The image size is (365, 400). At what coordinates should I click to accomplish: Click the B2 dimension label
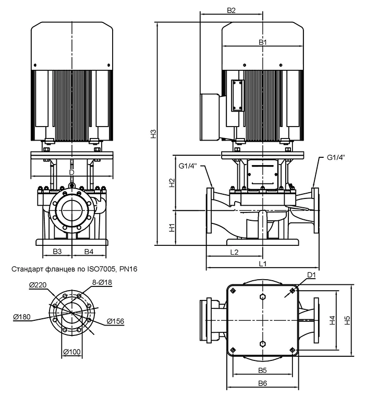(x=231, y=10)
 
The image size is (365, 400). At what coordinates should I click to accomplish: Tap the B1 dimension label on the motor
(x=263, y=42)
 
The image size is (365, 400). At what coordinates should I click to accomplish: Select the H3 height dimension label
(x=153, y=134)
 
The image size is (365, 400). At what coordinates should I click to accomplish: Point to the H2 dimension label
(x=173, y=183)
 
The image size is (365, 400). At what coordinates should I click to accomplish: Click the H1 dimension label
(x=173, y=228)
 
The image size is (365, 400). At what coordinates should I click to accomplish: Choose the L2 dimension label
(x=234, y=252)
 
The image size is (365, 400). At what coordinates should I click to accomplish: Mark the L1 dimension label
(x=263, y=264)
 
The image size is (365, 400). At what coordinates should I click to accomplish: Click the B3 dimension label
(x=57, y=252)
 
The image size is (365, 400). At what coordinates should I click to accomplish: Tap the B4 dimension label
(x=89, y=252)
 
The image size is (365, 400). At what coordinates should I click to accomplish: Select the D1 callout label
(x=311, y=275)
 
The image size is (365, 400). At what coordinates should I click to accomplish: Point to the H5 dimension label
(x=347, y=320)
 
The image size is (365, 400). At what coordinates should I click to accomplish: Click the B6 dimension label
(x=262, y=383)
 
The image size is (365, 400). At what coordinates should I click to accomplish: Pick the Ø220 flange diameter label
(x=38, y=285)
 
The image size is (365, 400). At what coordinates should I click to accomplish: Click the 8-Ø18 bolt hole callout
(x=102, y=282)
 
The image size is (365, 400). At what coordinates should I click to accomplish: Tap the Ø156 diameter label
(x=115, y=321)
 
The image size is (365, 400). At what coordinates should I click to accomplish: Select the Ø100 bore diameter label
(x=72, y=352)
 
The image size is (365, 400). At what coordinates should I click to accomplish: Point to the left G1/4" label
(x=188, y=166)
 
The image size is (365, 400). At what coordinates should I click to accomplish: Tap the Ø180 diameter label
(x=22, y=317)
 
